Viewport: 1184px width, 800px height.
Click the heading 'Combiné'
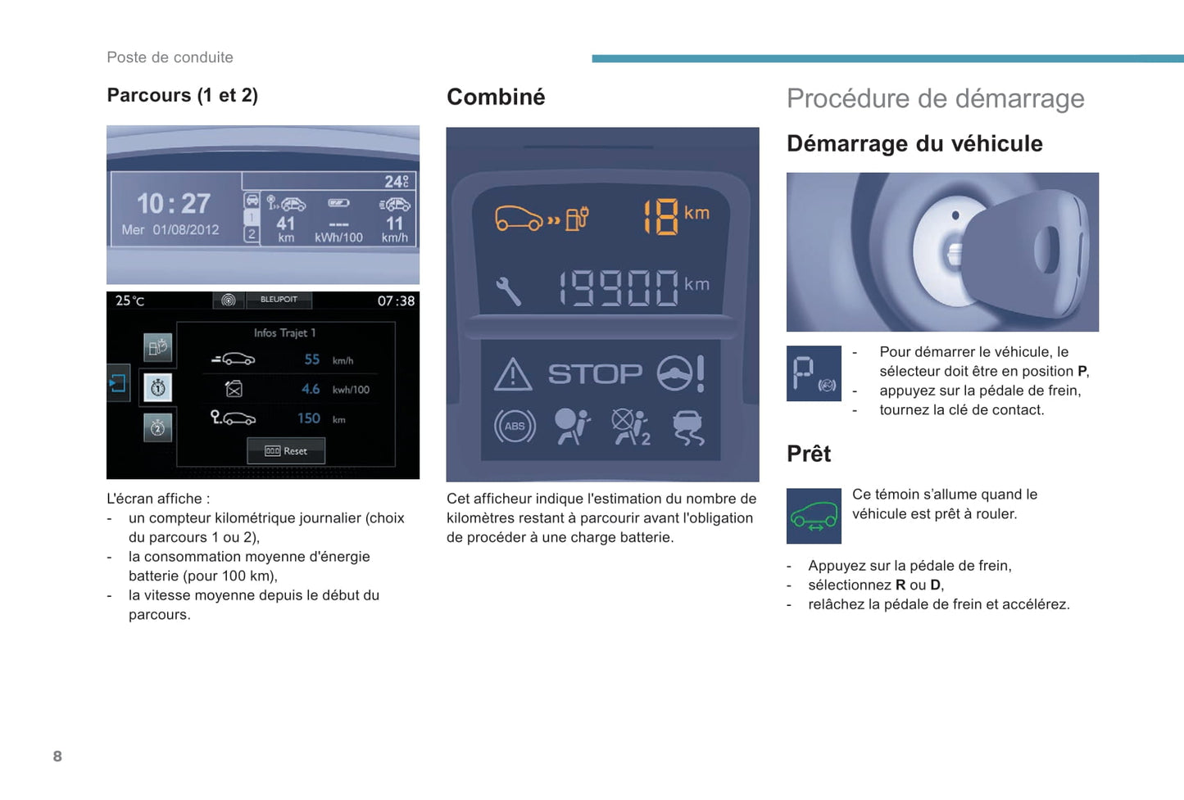496,97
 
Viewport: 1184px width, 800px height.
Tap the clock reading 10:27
174,203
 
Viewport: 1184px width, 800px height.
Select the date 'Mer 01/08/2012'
170,230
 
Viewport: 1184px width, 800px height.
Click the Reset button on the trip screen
286,451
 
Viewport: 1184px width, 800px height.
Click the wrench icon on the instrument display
508,291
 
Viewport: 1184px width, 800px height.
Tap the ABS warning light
515,427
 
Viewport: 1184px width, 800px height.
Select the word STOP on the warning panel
595,374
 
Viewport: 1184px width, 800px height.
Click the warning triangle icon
514,375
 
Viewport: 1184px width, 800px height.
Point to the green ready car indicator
814,516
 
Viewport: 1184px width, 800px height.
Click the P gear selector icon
814,373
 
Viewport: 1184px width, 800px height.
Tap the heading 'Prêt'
809,454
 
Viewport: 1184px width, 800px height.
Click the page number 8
57,756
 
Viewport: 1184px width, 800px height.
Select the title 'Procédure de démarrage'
935,98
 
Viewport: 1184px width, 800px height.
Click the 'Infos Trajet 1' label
284,332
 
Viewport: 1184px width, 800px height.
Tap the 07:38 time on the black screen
396,301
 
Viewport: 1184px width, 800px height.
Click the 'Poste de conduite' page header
170,57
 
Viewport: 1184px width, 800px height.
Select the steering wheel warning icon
680,373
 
